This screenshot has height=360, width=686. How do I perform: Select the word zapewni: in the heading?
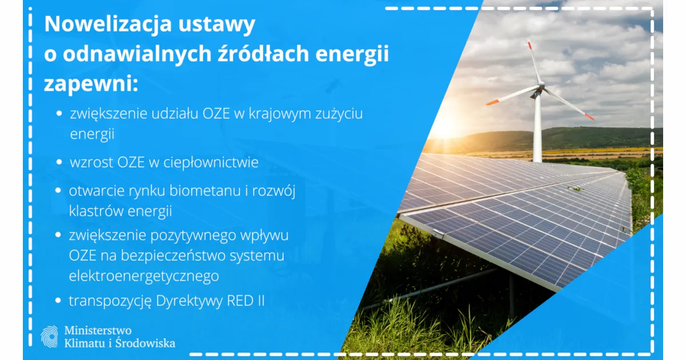coord(91,85)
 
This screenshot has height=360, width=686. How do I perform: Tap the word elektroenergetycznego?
coord(143,276)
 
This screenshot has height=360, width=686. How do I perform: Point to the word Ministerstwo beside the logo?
coord(98,330)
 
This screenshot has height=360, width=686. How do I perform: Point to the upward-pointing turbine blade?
coord(534,63)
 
